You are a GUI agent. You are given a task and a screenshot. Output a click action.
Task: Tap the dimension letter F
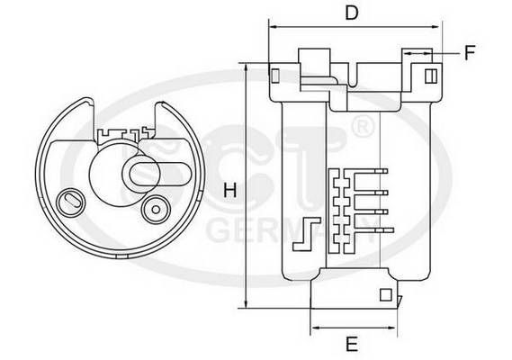click(469, 52)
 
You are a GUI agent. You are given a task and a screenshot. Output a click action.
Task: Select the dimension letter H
click(229, 191)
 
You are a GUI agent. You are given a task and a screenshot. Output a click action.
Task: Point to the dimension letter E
click(352, 343)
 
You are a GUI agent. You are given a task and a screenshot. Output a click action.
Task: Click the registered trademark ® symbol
click(360, 127)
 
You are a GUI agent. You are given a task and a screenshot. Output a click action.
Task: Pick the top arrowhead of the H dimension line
click(245, 66)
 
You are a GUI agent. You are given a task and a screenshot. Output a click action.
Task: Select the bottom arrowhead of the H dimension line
click(245, 306)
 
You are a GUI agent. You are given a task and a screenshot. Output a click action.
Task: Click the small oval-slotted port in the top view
click(69, 199)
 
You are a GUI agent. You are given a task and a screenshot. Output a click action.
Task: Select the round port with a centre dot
click(156, 208)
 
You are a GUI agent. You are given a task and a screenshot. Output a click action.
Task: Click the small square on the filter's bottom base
click(385, 293)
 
